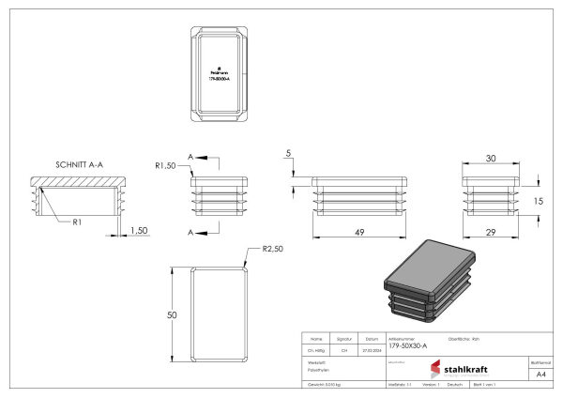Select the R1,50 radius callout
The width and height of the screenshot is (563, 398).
pyautogui.click(x=166, y=165)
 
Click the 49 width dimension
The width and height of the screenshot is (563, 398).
pyautogui.click(x=359, y=231)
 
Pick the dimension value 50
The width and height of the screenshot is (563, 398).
pyautogui.click(x=172, y=315)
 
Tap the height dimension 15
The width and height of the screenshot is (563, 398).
pyautogui.click(x=539, y=201)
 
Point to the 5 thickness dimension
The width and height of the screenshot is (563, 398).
pyautogui.click(x=289, y=153)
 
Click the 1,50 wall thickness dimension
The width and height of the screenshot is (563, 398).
pyautogui.click(x=138, y=231)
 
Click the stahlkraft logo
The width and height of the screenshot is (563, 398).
pyautogui.click(x=459, y=369)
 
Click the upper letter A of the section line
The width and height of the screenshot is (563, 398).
pyautogui.click(x=190, y=156)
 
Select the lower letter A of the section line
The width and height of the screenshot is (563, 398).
pyautogui.click(x=190, y=231)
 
